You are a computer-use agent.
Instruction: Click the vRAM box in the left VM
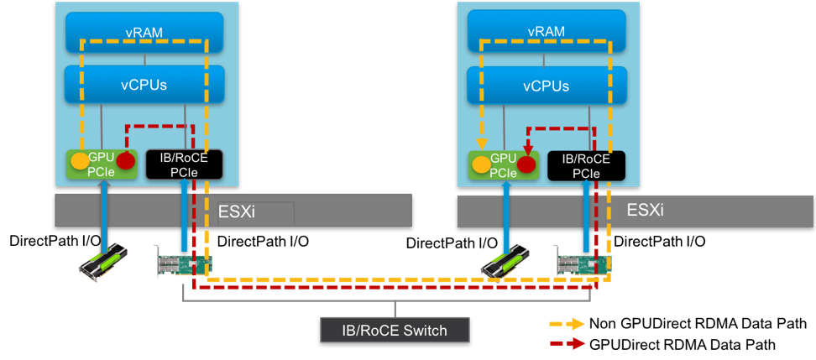click(x=145, y=33)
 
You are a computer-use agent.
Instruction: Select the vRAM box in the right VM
click(x=547, y=33)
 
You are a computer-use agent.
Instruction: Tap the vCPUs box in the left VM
click(x=145, y=85)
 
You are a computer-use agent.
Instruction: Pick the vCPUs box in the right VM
click(x=547, y=85)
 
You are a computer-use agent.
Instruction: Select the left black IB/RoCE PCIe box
click(x=183, y=164)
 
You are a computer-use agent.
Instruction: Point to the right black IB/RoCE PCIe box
click(x=585, y=164)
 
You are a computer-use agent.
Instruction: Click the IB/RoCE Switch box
click(x=395, y=329)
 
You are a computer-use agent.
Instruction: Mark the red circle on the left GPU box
click(x=125, y=161)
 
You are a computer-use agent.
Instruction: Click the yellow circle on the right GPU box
click(x=481, y=164)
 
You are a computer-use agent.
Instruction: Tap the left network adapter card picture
click(x=181, y=263)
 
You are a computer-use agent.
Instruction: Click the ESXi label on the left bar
click(x=238, y=211)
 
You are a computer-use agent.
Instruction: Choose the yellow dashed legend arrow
click(x=567, y=323)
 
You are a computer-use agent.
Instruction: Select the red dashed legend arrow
click(x=567, y=342)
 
